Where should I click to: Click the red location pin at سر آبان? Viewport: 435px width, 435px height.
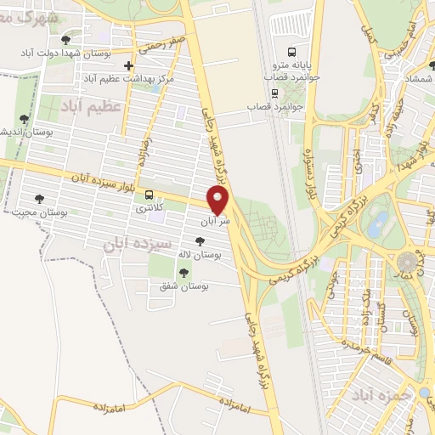219,200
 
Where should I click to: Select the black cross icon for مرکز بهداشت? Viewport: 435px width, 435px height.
128,65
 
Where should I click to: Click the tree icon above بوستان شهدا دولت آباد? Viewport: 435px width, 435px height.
65,39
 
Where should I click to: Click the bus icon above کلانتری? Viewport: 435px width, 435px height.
150,193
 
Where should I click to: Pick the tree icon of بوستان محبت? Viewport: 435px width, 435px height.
39,198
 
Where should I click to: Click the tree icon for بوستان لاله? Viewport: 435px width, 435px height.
200,241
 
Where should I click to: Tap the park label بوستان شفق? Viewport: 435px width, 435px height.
174,288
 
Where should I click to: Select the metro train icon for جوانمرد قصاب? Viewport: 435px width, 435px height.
274,93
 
